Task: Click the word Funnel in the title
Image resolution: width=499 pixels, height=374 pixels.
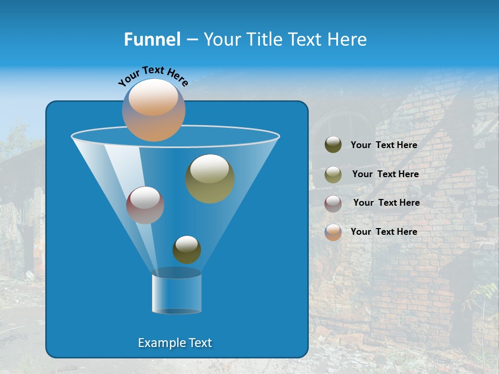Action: [x=152, y=39]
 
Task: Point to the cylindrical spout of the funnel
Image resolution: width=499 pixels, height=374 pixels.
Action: [x=176, y=294]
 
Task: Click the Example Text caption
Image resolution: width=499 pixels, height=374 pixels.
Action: [x=175, y=343]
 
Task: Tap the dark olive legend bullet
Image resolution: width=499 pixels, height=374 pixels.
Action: [x=333, y=145]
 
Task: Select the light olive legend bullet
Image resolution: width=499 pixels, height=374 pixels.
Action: [x=333, y=174]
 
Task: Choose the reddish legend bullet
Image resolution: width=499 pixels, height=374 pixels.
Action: [x=333, y=203]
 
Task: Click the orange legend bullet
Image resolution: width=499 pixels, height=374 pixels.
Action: [x=333, y=232]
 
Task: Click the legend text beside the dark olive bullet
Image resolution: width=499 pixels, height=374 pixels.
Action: [x=384, y=145]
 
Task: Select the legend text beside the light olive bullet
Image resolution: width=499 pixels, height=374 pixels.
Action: [x=385, y=175]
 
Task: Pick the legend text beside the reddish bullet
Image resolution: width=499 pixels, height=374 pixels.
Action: [x=386, y=203]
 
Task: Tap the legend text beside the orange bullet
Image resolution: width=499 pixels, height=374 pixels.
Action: [x=384, y=232]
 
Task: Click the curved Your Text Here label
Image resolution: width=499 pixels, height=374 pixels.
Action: [x=153, y=76]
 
